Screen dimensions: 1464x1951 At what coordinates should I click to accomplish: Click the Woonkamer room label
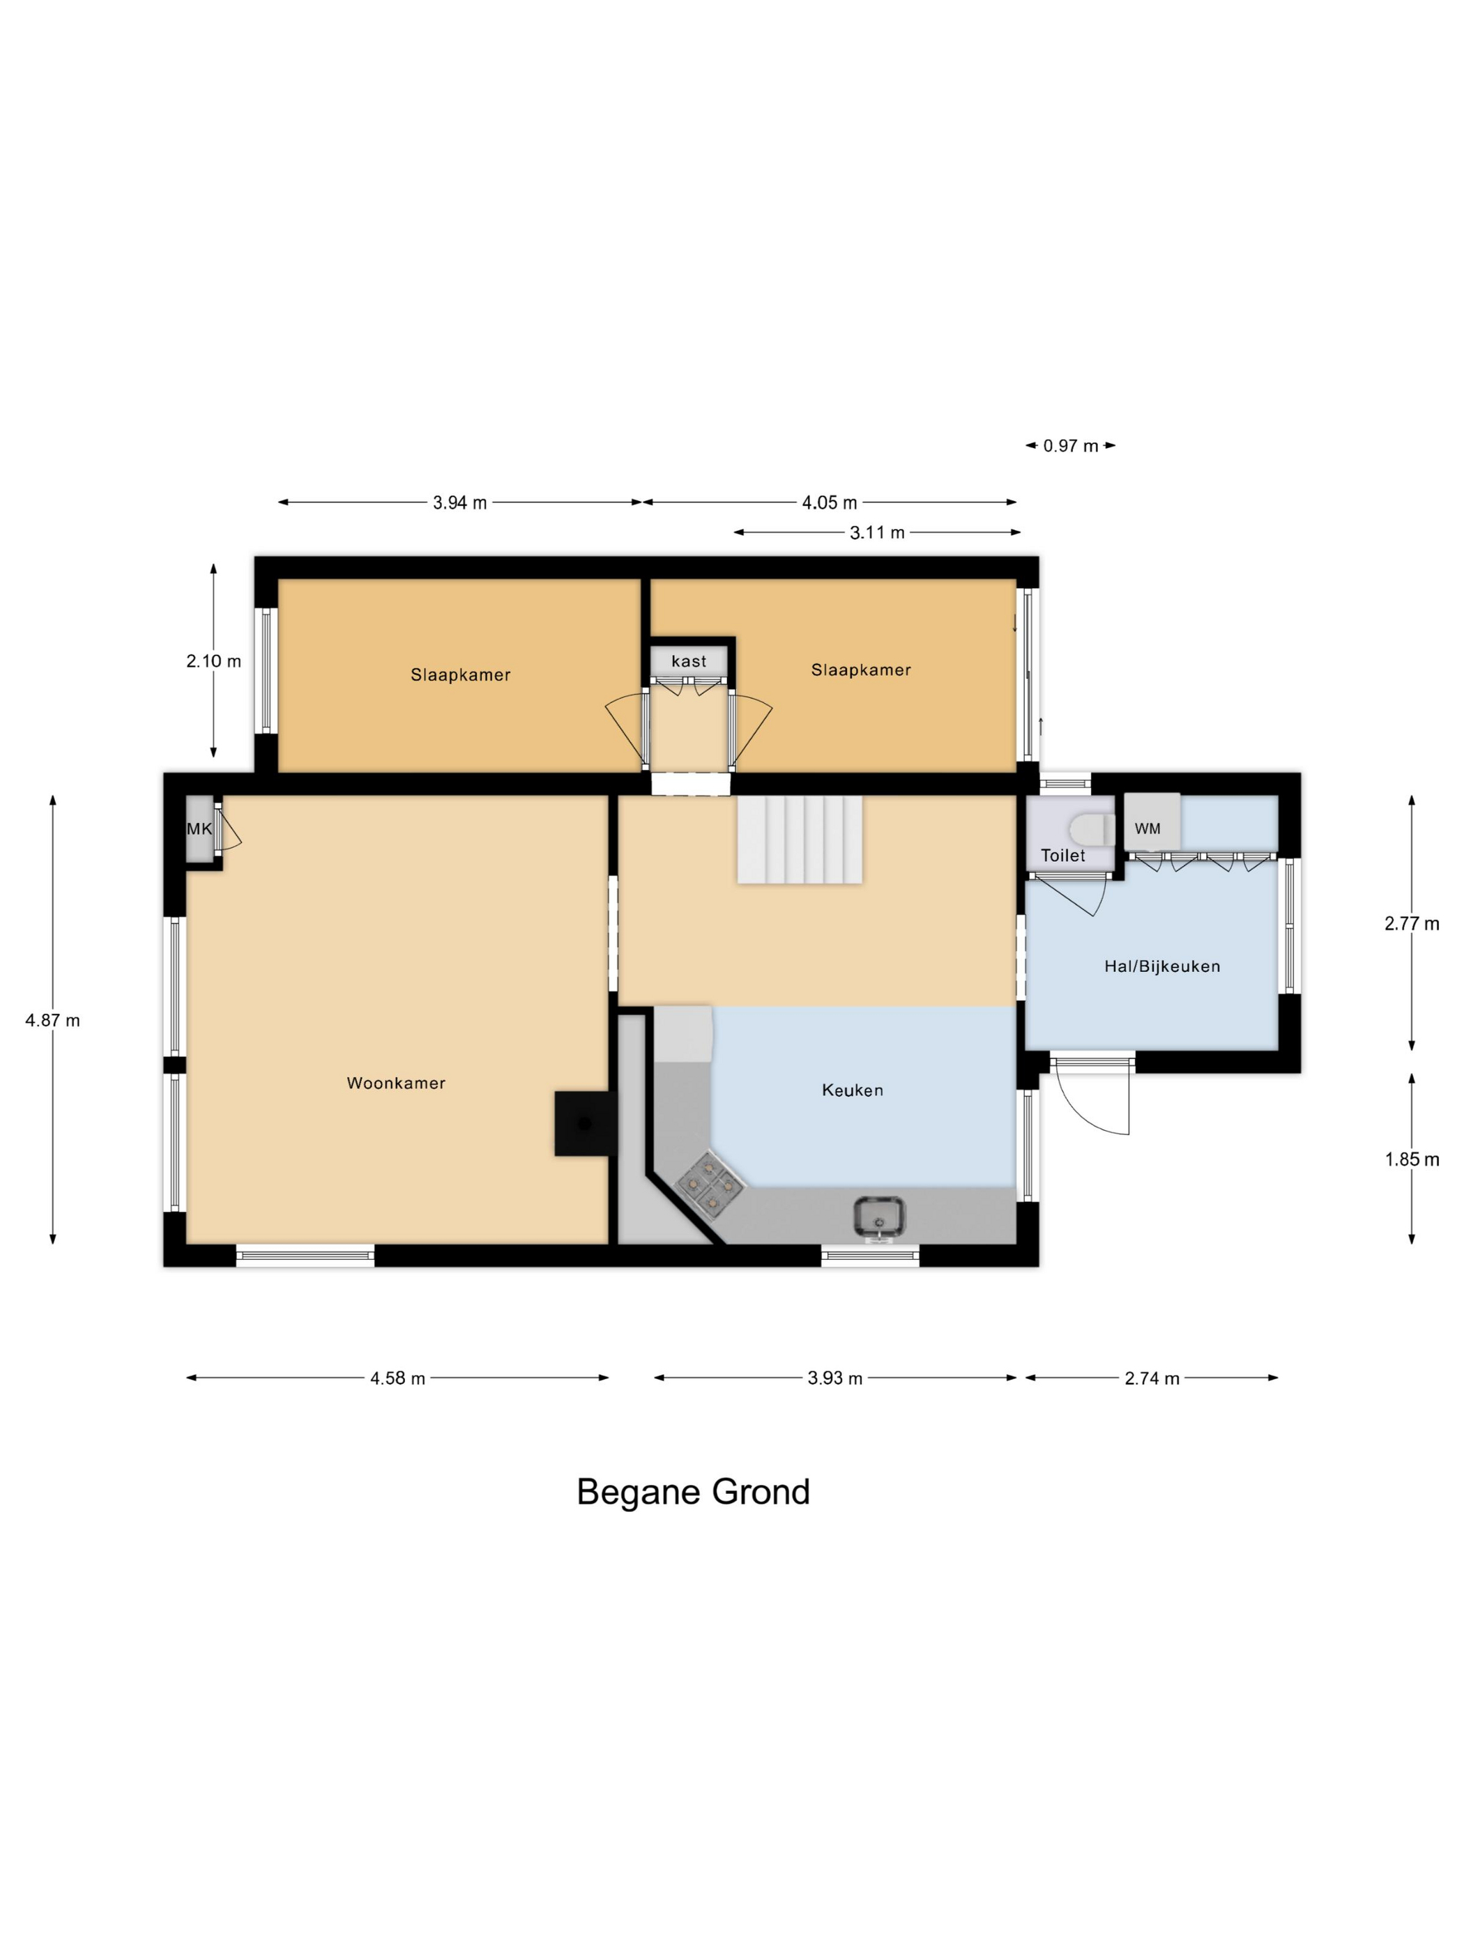(x=395, y=1083)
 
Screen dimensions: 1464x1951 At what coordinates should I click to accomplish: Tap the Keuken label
(x=852, y=1090)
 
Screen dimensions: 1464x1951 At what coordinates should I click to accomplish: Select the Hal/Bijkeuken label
(x=1161, y=966)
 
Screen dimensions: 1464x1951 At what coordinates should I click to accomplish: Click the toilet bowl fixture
(x=1092, y=830)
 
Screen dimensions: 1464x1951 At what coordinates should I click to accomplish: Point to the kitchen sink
(x=879, y=1217)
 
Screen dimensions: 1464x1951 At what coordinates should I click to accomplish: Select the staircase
(x=800, y=839)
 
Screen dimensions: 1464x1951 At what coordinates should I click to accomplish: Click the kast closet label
(x=688, y=661)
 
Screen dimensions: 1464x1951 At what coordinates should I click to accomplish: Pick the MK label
(x=199, y=829)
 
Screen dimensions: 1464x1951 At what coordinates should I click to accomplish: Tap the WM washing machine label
(x=1147, y=828)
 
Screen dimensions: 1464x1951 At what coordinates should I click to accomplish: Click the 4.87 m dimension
(x=52, y=1021)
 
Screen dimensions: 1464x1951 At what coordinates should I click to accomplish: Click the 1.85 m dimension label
(x=1412, y=1160)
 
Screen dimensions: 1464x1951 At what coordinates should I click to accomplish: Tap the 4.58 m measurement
(x=397, y=1378)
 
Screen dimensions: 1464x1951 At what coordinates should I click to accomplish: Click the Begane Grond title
(x=693, y=1493)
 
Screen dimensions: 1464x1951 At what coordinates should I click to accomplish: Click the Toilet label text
(x=1062, y=856)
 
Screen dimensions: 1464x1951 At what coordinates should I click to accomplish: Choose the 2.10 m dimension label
(x=213, y=661)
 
